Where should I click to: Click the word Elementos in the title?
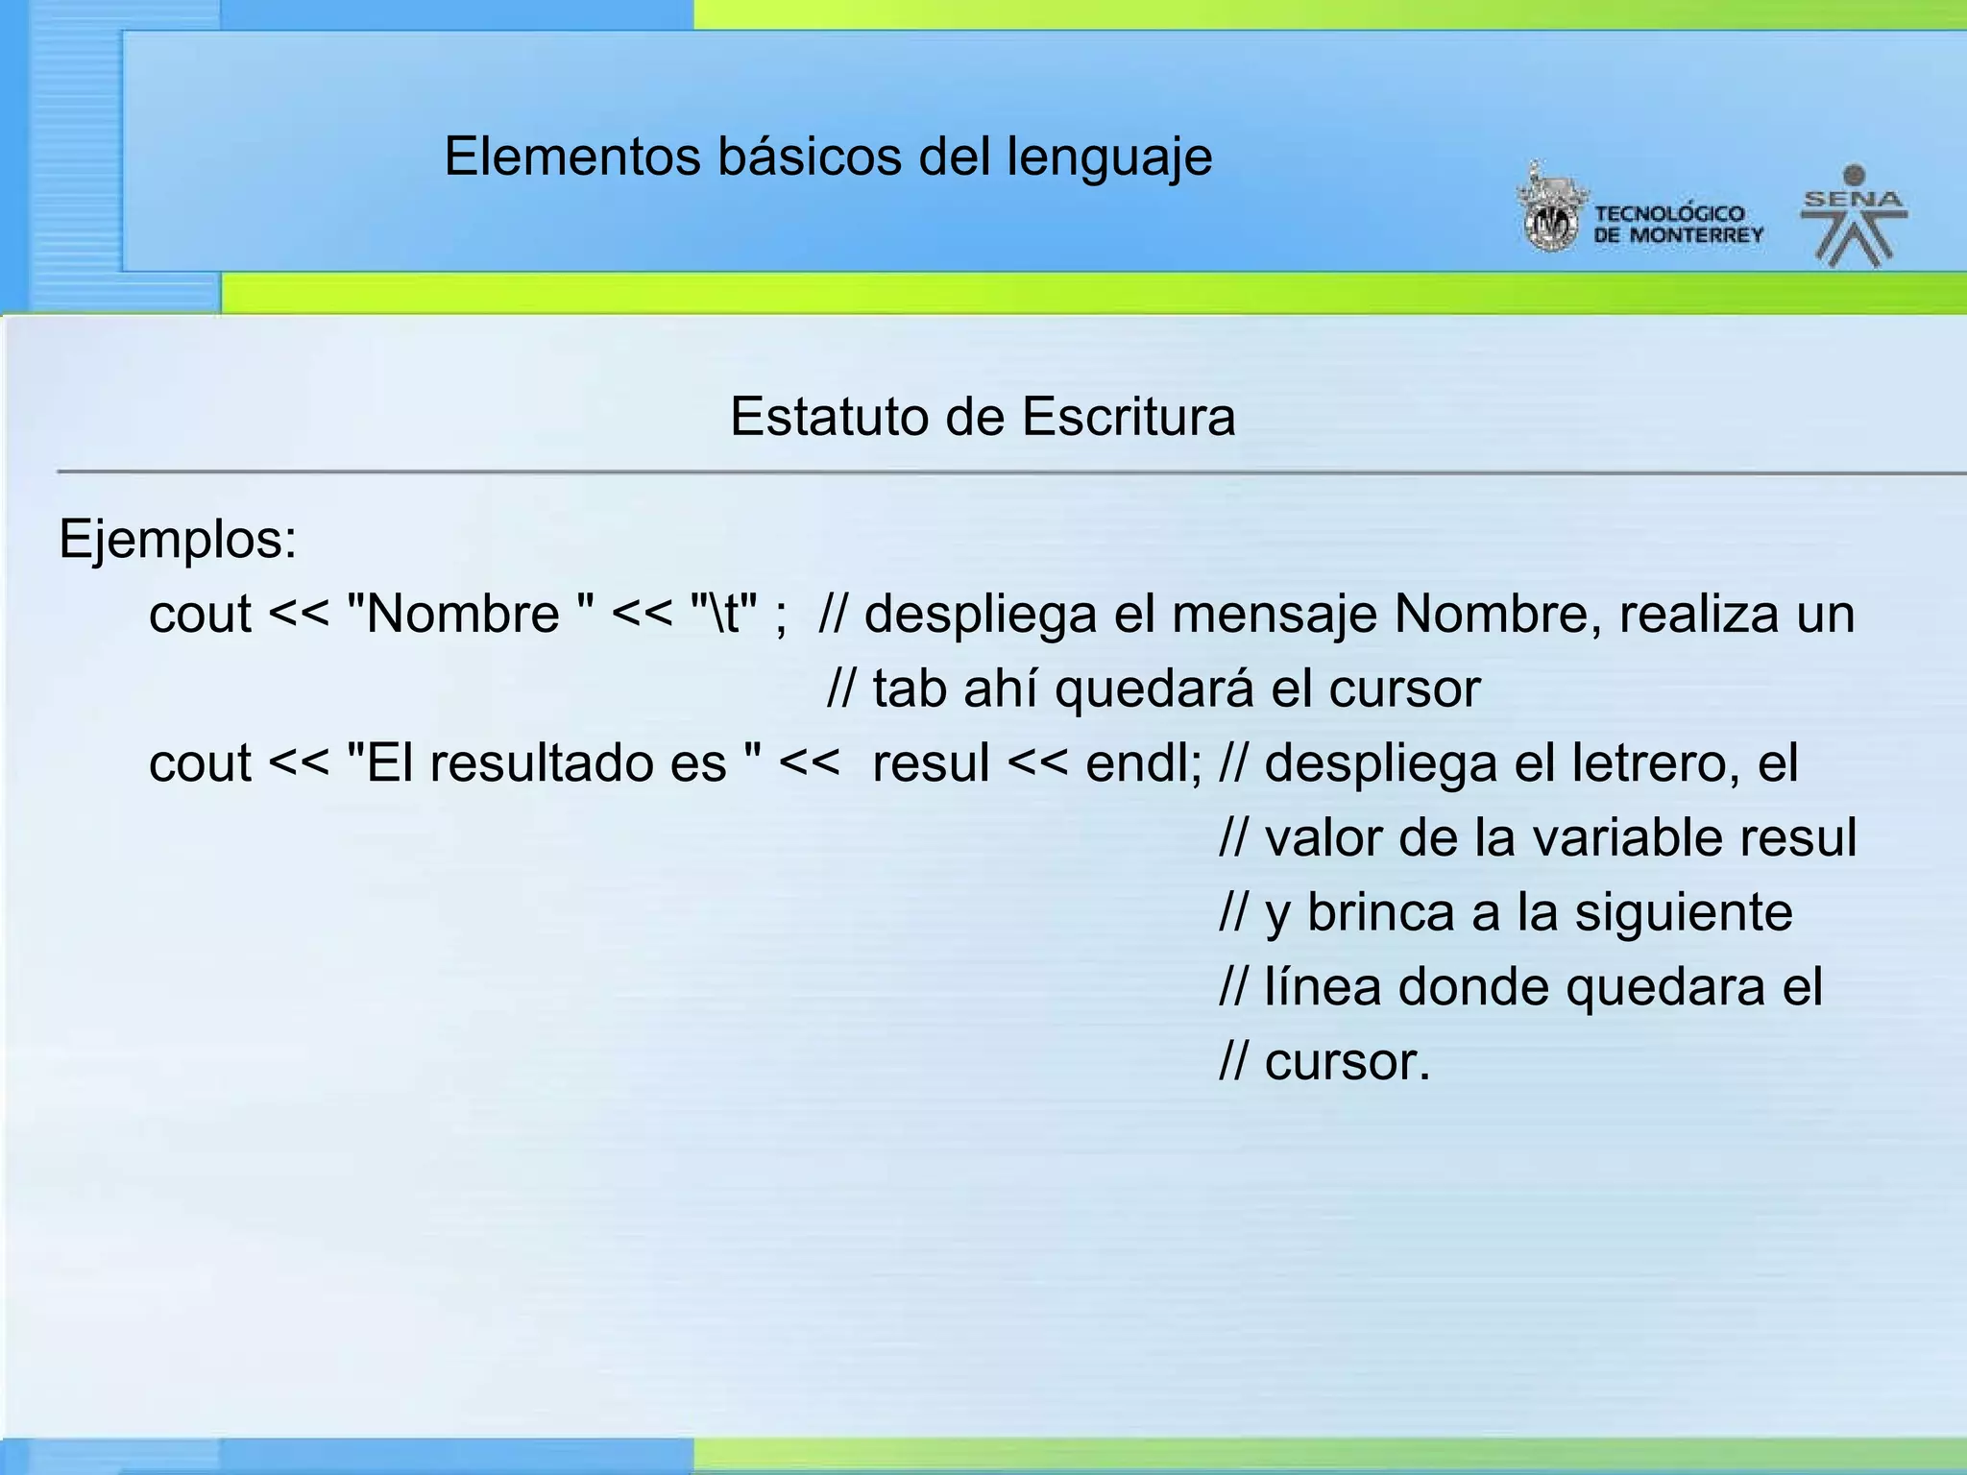click(572, 157)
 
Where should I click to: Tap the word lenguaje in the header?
click(1109, 158)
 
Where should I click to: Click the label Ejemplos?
click(178, 540)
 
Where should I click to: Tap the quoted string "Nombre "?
click(471, 614)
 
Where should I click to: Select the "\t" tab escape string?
click(724, 614)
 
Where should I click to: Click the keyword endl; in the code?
click(1143, 763)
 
